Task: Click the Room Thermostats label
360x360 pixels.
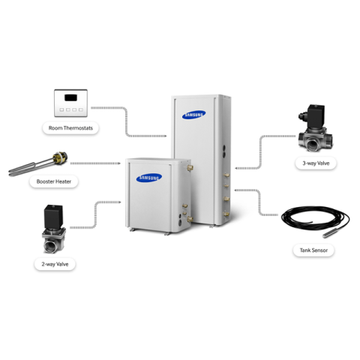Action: [x=70, y=128]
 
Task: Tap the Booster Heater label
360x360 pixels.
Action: [x=54, y=181]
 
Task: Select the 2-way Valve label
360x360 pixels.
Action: [x=55, y=264]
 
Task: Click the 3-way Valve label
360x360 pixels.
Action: [x=316, y=163]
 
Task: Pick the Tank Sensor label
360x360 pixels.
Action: [x=313, y=250]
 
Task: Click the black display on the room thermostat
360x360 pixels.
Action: [x=70, y=97]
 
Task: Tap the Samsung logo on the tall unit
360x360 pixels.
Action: [x=194, y=115]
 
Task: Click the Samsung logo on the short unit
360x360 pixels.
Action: [x=149, y=178]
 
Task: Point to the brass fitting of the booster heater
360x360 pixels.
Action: [x=61, y=158]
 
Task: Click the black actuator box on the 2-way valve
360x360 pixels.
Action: [x=53, y=216]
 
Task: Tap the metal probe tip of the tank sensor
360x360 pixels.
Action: [x=328, y=234]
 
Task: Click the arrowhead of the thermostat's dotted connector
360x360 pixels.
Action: [x=165, y=136]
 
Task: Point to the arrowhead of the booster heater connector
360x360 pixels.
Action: [x=119, y=163]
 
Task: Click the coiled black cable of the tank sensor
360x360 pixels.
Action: [x=316, y=217]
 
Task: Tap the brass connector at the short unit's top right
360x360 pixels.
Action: [x=190, y=167]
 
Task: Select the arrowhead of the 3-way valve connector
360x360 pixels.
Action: [x=236, y=168]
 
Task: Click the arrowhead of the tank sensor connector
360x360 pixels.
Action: [x=236, y=190]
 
